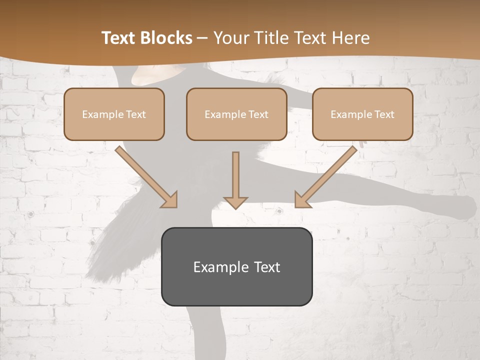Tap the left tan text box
[x=114, y=114]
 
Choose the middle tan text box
[x=236, y=114]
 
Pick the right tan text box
[x=362, y=114]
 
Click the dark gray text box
[x=236, y=266]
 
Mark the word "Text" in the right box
[x=384, y=114]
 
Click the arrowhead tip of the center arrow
[x=235, y=207]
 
